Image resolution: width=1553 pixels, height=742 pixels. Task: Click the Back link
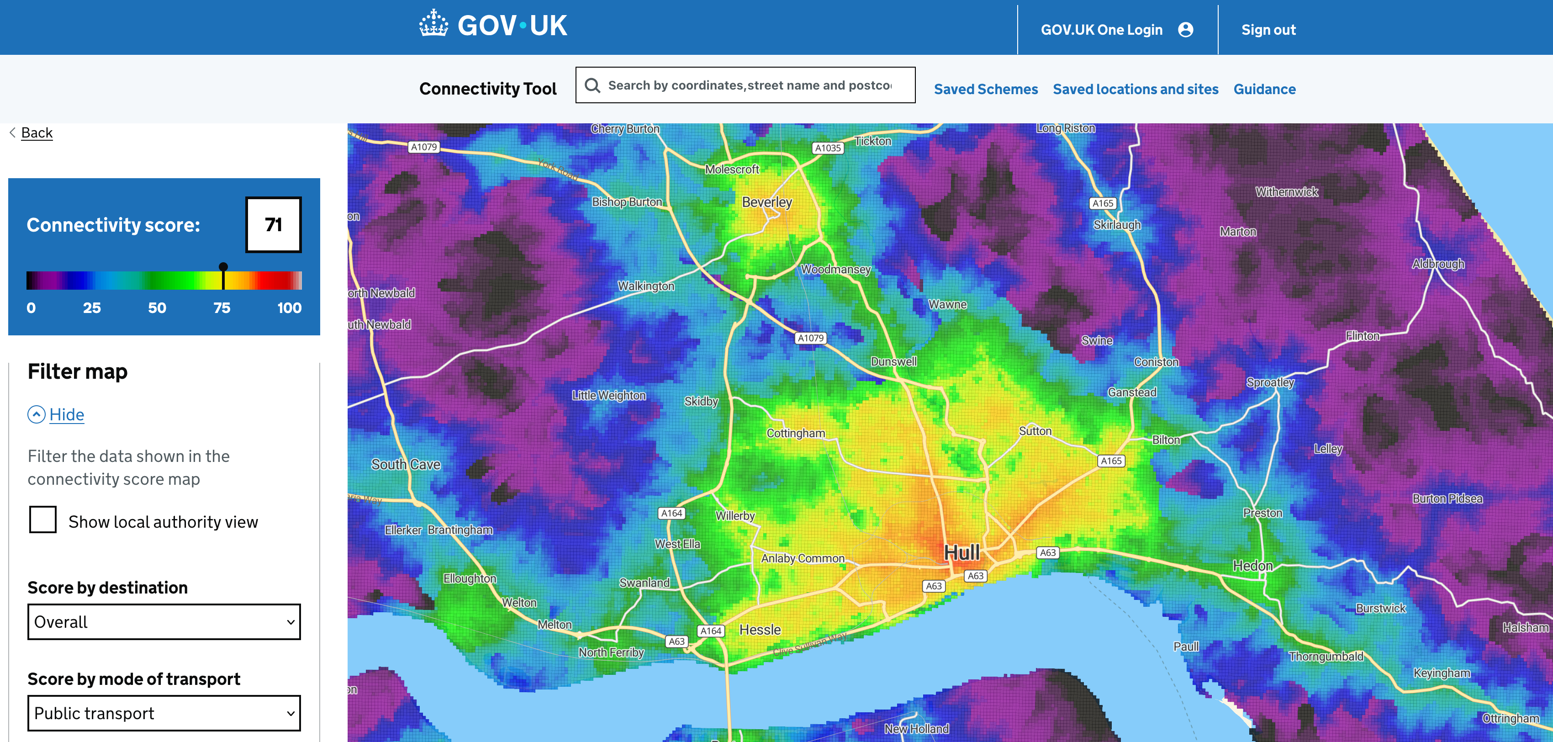click(36, 132)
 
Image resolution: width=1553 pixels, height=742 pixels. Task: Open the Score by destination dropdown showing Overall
click(164, 621)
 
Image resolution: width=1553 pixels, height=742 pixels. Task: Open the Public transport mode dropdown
click(164, 713)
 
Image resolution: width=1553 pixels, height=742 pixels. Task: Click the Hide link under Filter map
click(66, 414)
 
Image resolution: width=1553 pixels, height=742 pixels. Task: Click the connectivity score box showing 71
click(273, 224)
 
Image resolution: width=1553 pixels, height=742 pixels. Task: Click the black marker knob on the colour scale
click(223, 267)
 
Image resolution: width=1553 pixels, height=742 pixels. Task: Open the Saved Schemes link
click(986, 89)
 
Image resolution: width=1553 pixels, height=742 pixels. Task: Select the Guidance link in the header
click(1264, 89)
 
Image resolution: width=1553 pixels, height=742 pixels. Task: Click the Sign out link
click(1268, 30)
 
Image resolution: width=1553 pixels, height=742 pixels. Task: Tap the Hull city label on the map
click(961, 552)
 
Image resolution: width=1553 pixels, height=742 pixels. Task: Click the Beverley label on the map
click(767, 202)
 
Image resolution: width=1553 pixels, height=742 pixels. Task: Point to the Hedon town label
click(1253, 565)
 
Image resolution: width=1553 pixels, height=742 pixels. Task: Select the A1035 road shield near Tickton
click(828, 148)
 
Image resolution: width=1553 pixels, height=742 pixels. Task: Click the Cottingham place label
click(796, 433)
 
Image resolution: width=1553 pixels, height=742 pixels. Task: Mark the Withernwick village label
click(1287, 192)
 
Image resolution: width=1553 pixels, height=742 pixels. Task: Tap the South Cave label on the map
click(406, 465)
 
